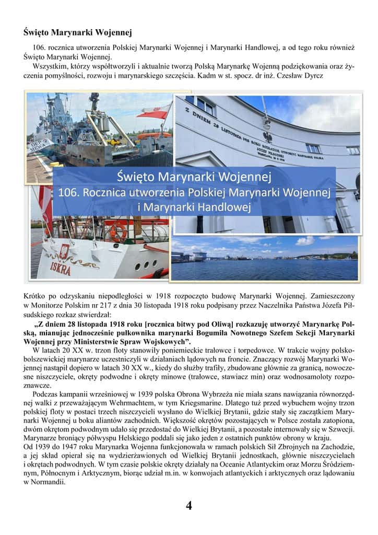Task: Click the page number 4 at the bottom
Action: (189, 505)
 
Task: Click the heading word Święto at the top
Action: (38, 32)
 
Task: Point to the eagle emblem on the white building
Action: (268, 137)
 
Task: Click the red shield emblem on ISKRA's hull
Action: (64, 250)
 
